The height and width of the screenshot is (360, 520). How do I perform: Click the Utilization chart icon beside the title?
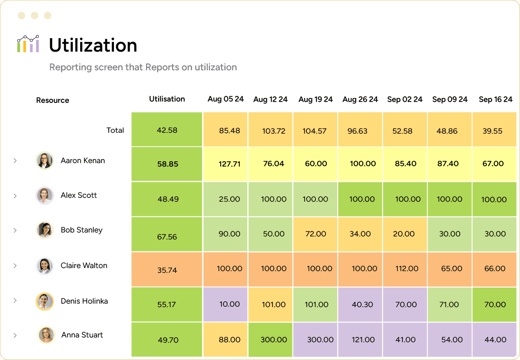[x=28, y=44]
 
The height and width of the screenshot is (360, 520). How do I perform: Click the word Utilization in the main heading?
[x=93, y=46]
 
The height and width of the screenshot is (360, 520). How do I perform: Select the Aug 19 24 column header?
[x=315, y=99]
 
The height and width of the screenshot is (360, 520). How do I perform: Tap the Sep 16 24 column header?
[x=495, y=99]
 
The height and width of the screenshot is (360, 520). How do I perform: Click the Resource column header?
[x=52, y=100]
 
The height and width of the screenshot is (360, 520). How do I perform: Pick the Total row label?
[x=115, y=130]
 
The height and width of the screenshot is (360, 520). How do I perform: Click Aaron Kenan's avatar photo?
[x=44, y=160]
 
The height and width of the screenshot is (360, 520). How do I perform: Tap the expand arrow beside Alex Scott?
[x=15, y=196]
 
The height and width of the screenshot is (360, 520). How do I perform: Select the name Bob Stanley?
[x=81, y=230]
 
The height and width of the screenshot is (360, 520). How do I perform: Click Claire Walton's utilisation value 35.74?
[x=167, y=270]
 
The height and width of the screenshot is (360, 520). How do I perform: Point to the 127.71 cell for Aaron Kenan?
[x=229, y=164]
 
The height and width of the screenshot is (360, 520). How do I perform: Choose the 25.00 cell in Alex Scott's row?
[x=229, y=199]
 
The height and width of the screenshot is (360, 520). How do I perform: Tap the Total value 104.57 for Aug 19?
[x=315, y=131]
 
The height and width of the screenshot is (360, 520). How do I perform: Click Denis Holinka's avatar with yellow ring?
[x=44, y=301]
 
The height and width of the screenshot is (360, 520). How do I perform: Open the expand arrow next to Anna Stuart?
[x=15, y=335]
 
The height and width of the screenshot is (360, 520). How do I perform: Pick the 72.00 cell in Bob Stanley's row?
[x=315, y=234]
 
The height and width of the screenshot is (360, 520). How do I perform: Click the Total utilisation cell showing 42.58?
[x=167, y=130]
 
